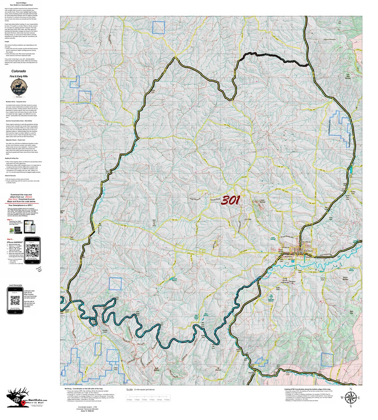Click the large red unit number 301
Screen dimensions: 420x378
(230, 200)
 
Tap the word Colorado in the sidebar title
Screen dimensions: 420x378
(19, 71)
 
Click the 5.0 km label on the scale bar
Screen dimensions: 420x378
(167, 400)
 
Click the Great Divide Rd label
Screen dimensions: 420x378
(286, 237)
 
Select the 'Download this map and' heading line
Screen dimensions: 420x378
(21, 195)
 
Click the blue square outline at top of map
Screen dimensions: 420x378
(159, 27)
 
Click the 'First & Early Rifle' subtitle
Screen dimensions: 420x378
(19, 77)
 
